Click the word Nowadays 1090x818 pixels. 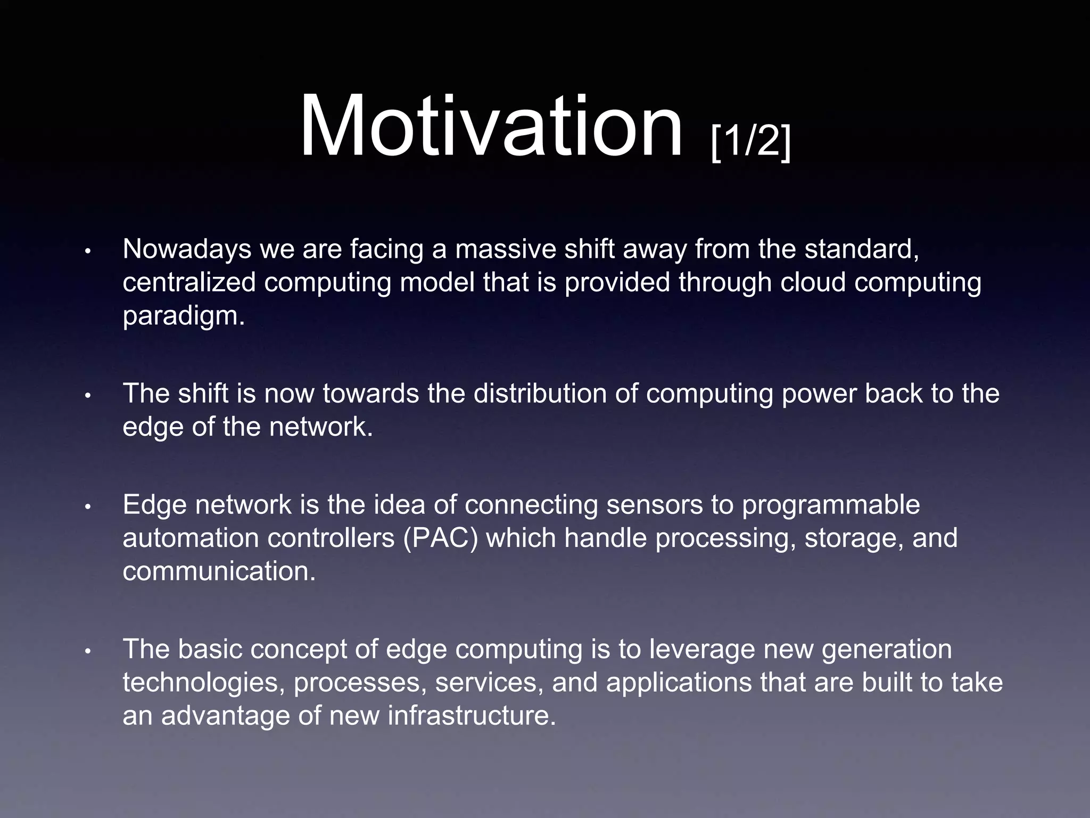[x=187, y=249]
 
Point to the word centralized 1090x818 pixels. [x=189, y=282]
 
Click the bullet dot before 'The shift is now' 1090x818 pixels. [x=89, y=396]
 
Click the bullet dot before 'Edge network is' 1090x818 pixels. [x=89, y=507]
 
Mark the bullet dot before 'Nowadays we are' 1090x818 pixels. [x=89, y=251]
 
